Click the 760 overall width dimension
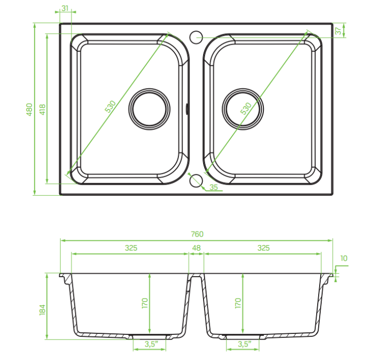pos(197,234)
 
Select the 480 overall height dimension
pos(29,109)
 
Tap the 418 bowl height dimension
pos(42,109)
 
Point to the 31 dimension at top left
pos(65,8)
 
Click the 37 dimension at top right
pos(338,31)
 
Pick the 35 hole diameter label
pos(214,187)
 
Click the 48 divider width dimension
pos(196,248)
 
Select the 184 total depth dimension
pos(42,310)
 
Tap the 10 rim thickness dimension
pos(344,258)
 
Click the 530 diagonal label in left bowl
pos(111,106)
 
